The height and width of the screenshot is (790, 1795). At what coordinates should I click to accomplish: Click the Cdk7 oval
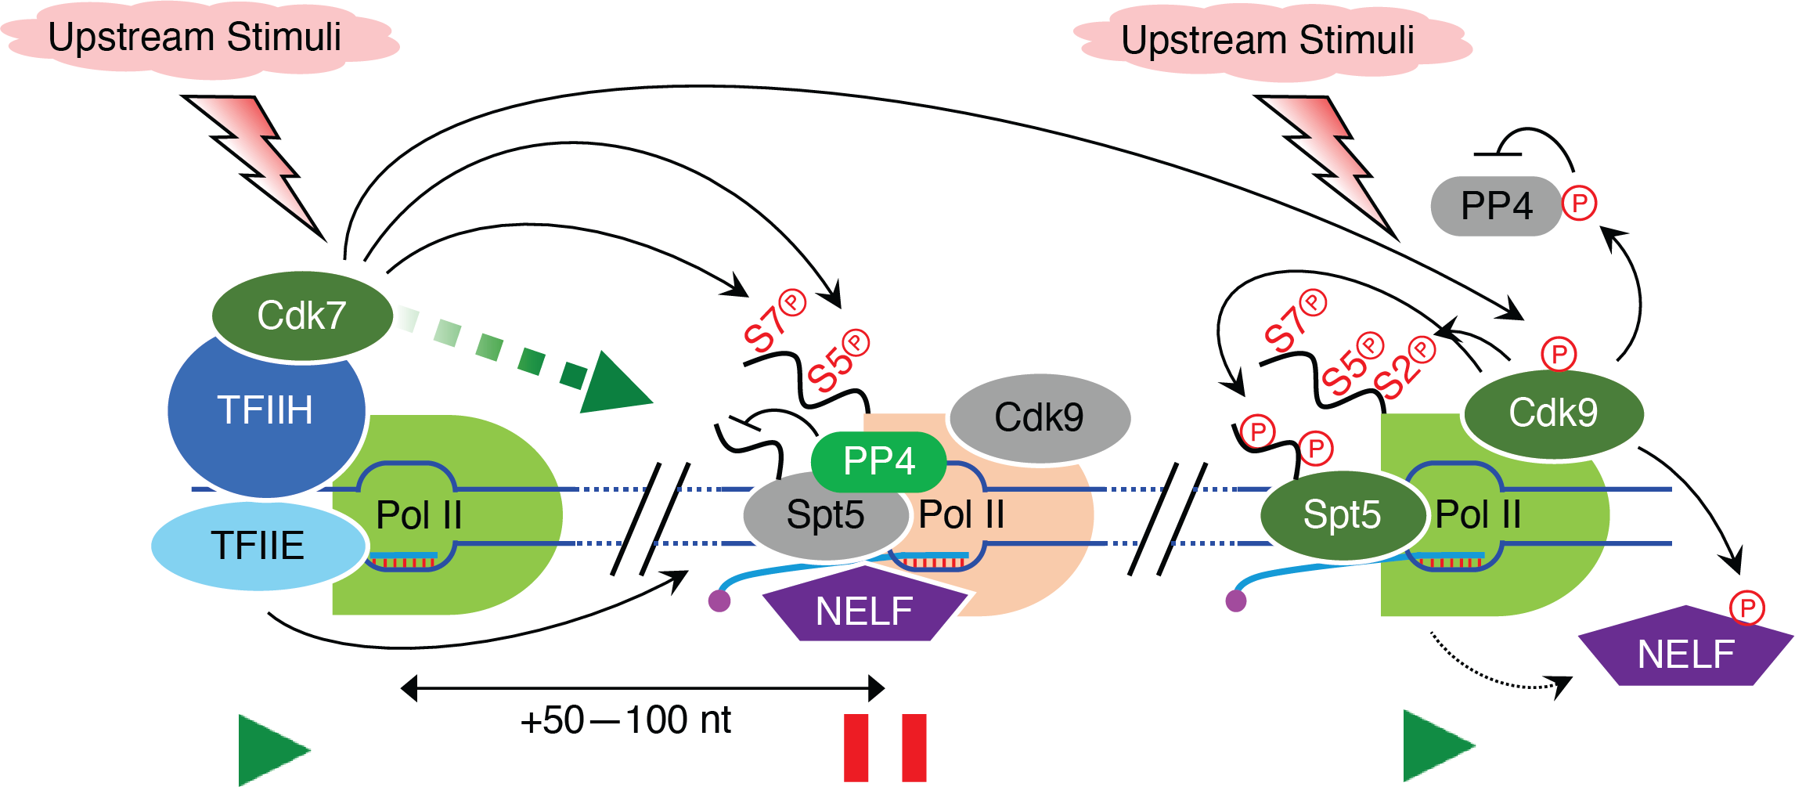301,316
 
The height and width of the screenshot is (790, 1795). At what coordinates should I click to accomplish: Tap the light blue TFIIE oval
258,546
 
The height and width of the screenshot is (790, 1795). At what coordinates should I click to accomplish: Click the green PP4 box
878,461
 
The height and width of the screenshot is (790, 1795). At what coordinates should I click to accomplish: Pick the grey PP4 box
1495,206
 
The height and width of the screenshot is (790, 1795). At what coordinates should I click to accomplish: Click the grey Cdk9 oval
1039,417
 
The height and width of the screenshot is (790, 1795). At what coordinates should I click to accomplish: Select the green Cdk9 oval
1553,413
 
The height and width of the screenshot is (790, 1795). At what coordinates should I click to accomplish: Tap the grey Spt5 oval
825,515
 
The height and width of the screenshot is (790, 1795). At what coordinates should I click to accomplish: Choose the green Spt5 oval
1342,515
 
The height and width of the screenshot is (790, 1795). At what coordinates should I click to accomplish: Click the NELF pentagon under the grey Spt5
863,608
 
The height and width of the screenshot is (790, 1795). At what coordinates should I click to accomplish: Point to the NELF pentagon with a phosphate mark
1685,650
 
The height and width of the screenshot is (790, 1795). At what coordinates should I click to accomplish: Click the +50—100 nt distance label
625,720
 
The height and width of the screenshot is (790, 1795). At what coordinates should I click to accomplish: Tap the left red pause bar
856,747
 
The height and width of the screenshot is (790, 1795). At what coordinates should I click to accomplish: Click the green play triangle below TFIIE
270,749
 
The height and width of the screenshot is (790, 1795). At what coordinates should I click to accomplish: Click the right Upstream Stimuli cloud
1268,41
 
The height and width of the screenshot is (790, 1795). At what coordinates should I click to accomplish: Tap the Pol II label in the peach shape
961,515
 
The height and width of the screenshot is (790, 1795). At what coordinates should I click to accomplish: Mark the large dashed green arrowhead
615,385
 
